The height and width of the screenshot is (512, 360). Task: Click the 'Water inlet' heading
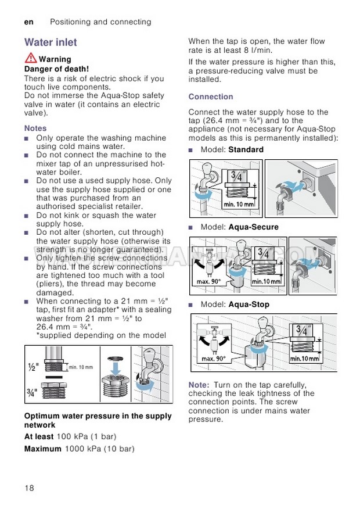[x=51, y=42]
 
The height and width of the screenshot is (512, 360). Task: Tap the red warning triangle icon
[x=31, y=58]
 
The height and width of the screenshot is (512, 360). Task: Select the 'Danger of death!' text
[x=56, y=69]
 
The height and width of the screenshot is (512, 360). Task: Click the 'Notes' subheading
[x=35, y=128]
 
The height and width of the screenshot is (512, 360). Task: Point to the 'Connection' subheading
[x=211, y=96]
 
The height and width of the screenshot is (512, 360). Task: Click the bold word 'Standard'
[x=246, y=149]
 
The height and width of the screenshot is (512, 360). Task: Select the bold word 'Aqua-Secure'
[x=253, y=227]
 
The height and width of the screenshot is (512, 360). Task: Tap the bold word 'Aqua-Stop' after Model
[x=249, y=304]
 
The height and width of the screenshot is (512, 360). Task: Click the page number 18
[x=29, y=487]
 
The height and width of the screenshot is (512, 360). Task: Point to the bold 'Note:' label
[x=199, y=385]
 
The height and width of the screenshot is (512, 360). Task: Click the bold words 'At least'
[x=39, y=436]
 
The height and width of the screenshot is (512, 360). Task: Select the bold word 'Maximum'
[x=42, y=449]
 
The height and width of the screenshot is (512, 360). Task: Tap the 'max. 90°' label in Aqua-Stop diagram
[x=214, y=359]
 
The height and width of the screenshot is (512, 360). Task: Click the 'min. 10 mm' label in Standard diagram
[x=239, y=204]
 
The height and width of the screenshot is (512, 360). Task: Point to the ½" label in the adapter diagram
[x=33, y=367]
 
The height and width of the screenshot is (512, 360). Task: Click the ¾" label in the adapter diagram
[x=32, y=392]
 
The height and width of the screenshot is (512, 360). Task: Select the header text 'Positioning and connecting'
[x=100, y=22]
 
